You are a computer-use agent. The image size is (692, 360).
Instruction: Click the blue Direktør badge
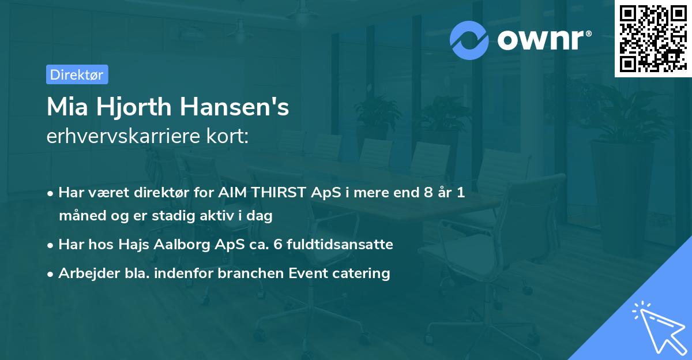(77, 74)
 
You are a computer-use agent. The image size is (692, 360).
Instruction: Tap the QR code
(653, 38)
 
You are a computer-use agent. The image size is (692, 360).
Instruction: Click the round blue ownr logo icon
(469, 40)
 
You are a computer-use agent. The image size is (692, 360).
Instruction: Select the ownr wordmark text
(544, 40)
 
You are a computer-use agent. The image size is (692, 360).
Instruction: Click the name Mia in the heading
(67, 107)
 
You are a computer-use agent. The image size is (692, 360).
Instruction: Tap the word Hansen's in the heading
(235, 107)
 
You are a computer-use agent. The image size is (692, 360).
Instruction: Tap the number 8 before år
(428, 192)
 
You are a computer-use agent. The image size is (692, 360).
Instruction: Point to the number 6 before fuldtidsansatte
(278, 244)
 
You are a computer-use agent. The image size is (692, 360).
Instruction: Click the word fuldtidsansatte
(340, 244)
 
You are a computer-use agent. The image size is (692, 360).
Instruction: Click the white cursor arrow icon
(660, 328)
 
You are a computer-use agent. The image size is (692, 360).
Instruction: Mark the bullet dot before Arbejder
(50, 274)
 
